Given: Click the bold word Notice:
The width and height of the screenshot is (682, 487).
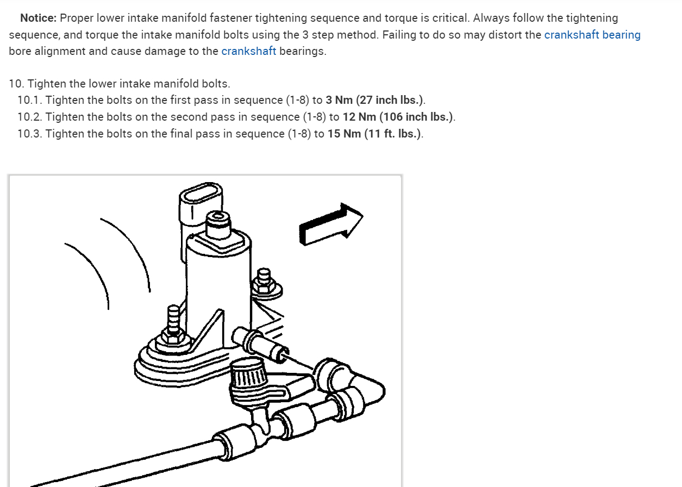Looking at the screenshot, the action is [x=38, y=18].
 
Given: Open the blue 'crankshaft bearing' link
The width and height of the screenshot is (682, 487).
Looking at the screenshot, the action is [x=592, y=35].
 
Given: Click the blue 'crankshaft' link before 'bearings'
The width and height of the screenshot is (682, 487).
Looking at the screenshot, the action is [x=248, y=52].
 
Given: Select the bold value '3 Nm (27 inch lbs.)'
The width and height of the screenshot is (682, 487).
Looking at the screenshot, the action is [x=374, y=101].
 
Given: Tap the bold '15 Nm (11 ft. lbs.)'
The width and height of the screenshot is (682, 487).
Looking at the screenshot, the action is [x=374, y=134].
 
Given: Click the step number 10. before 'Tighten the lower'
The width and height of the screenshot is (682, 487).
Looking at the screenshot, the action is [x=16, y=84].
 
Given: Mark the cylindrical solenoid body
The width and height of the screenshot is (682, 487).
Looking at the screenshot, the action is [x=217, y=277].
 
